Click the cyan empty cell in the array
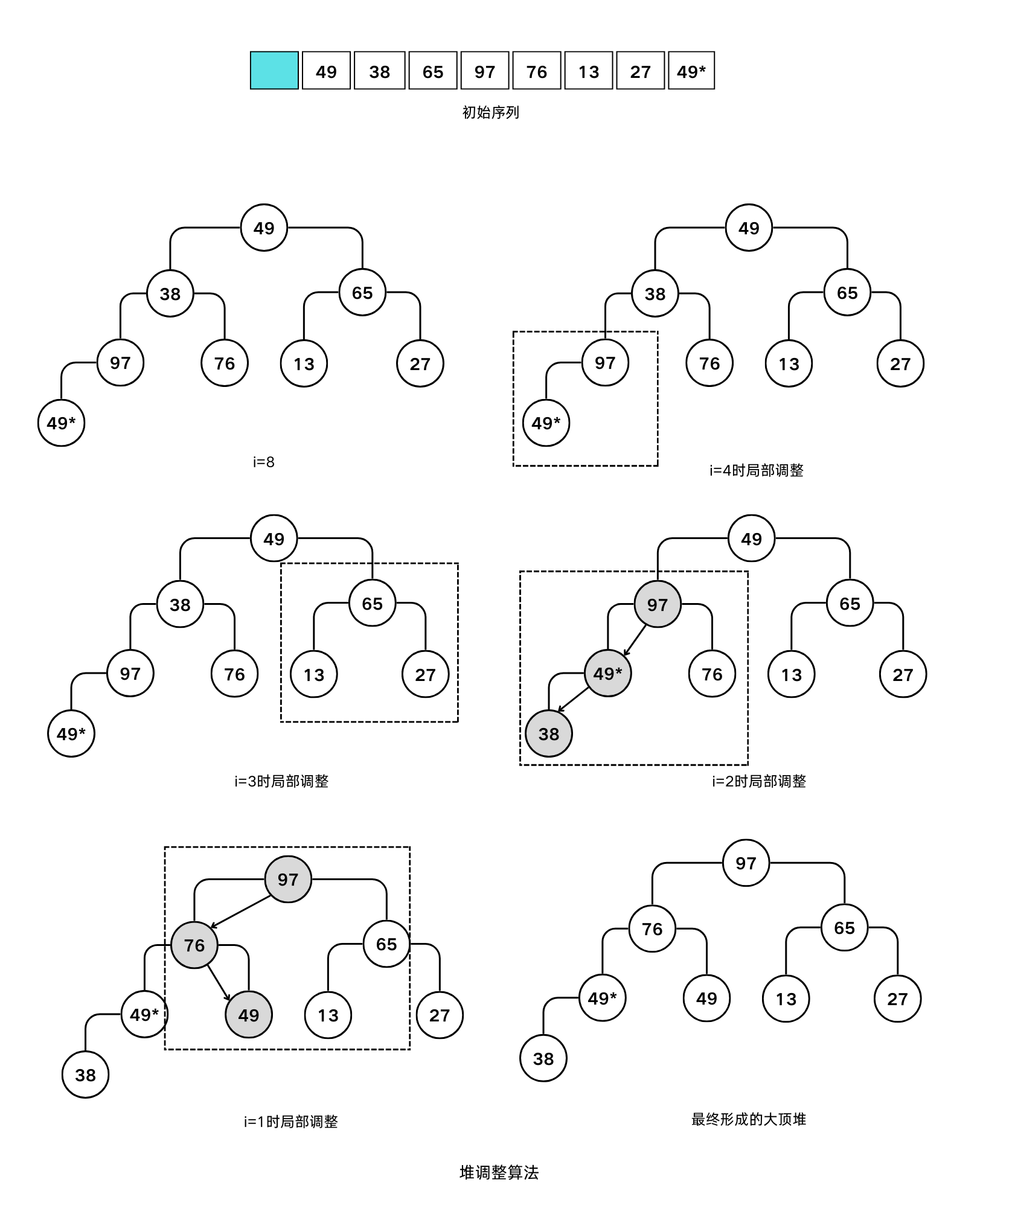(274, 71)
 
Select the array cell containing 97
(484, 71)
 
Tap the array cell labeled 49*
(691, 71)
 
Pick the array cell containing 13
(589, 71)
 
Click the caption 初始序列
(490, 112)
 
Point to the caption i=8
(263, 462)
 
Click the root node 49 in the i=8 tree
(264, 228)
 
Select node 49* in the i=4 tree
(546, 423)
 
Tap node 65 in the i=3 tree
(372, 603)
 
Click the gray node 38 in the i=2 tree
(548, 733)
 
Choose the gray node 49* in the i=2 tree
(607, 673)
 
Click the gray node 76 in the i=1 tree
(194, 945)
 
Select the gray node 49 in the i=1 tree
(248, 1015)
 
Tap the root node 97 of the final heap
(746, 863)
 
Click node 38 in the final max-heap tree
(543, 1058)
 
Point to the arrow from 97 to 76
(240, 912)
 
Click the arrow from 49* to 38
(572, 700)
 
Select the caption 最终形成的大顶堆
(748, 1119)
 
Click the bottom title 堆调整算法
(499, 1172)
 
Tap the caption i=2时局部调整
(758, 781)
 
